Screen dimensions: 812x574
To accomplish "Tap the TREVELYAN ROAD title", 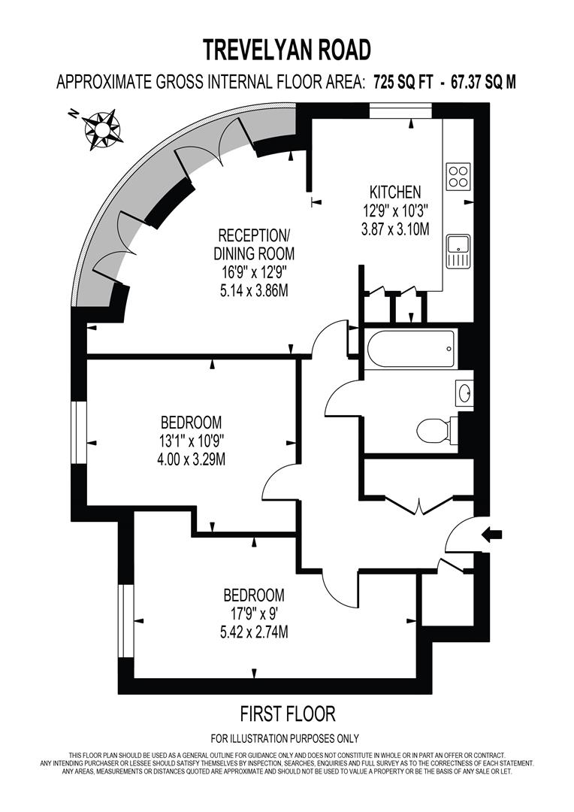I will [287, 50].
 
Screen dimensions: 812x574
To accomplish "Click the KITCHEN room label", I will [394, 192].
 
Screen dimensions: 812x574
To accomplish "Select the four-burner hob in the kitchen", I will [458, 176].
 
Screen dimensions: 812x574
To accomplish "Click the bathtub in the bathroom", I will [411, 349].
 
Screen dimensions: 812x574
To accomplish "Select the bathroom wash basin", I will [464, 392].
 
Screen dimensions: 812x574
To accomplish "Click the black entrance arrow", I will [493, 535].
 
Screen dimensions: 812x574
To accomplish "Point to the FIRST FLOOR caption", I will [287, 713].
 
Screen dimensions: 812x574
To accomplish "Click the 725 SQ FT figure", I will [403, 83].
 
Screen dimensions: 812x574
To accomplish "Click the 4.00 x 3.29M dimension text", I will [191, 458].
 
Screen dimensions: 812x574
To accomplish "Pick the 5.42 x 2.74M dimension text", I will [254, 632].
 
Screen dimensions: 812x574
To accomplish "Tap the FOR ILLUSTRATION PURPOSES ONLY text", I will [285, 738].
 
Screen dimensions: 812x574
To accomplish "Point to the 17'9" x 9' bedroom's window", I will [125, 622].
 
